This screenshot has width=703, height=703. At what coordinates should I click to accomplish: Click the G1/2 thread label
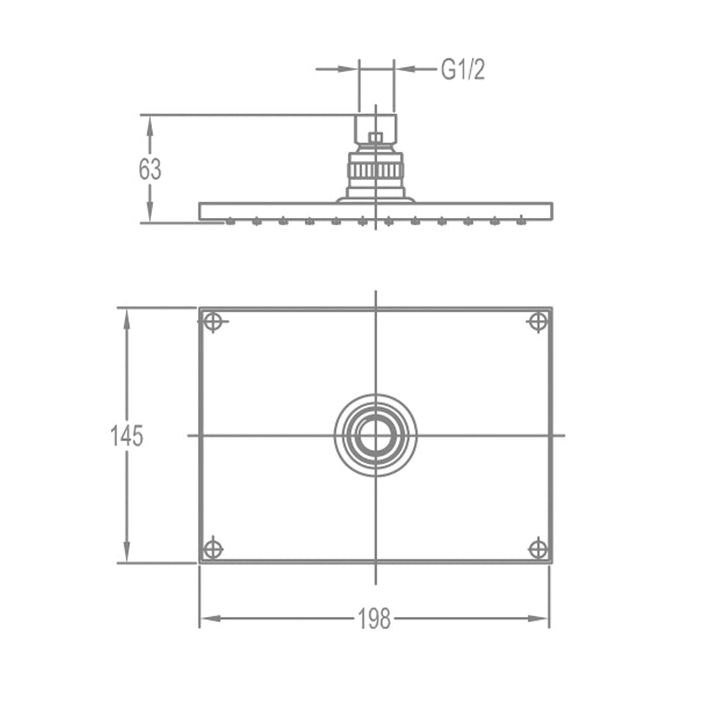(x=463, y=69)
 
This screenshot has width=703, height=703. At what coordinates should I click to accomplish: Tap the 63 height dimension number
(x=149, y=170)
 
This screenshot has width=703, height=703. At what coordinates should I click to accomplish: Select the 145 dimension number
(x=127, y=436)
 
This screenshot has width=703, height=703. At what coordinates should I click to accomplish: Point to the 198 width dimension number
(x=374, y=620)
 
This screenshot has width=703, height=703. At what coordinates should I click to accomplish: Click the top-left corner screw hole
(x=213, y=322)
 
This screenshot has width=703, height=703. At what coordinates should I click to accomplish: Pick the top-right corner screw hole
(x=538, y=322)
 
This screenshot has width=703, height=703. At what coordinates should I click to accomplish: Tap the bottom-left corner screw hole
(x=213, y=549)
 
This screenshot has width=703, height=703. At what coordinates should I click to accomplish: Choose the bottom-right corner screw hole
(x=538, y=549)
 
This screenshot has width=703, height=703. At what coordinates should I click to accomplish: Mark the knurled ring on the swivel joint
(x=376, y=170)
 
